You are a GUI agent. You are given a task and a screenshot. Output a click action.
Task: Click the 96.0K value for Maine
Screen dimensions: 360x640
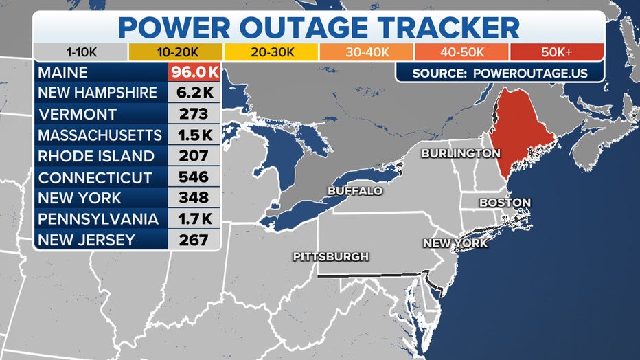pyautogui.click(x=194, y=71)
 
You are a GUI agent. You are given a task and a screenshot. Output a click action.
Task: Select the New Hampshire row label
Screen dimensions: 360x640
pyautogui.click(x=98, y=93)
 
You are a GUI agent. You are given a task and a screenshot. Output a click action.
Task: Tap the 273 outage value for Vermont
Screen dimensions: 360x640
pyautogui.click(x=194, y=114)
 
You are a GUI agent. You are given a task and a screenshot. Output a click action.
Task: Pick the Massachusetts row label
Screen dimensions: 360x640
pyautogui.click(x=100, y=135)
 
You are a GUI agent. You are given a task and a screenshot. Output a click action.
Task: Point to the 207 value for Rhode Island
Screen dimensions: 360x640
pyautogui.click(x=194, y=156)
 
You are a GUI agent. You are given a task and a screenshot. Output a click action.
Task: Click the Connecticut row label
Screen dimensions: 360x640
pyautogui.click(x=95, y=177)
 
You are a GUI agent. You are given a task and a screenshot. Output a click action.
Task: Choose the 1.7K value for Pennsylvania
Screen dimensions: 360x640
pyautogui.click(x=194, y=219)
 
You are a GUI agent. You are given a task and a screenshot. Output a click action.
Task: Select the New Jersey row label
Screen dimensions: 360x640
pyautogui.click(x=87, y=240)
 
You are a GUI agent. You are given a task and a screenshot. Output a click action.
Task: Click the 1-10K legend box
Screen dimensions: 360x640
pyautogui.click(x=80, y=52)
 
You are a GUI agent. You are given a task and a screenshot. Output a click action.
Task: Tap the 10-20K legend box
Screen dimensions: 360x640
pyautogui.click(x=175, y=52)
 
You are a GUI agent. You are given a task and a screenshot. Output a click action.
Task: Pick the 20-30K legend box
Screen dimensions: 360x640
pyautogui.click(x=271, y=52)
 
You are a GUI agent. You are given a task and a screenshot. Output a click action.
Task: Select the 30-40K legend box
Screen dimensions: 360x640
pyautogui.click(x=366, y=52)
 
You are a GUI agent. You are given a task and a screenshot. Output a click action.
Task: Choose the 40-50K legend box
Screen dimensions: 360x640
pyautogui.click(x=461, y=52)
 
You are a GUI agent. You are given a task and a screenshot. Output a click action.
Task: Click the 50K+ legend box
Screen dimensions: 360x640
pyautogui.click(x=556, y=52)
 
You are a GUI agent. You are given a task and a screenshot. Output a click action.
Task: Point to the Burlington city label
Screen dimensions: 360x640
pyautogui.click(x=460, y=153)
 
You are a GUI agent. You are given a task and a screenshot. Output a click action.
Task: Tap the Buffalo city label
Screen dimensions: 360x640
pyautogui.click(x=355, y=190)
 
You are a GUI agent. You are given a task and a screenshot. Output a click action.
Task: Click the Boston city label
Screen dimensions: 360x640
pyautogui.click(x=505, y=203)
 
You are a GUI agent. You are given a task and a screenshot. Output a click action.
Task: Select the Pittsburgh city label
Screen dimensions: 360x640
pyautogui.click(x=331, y=256)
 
